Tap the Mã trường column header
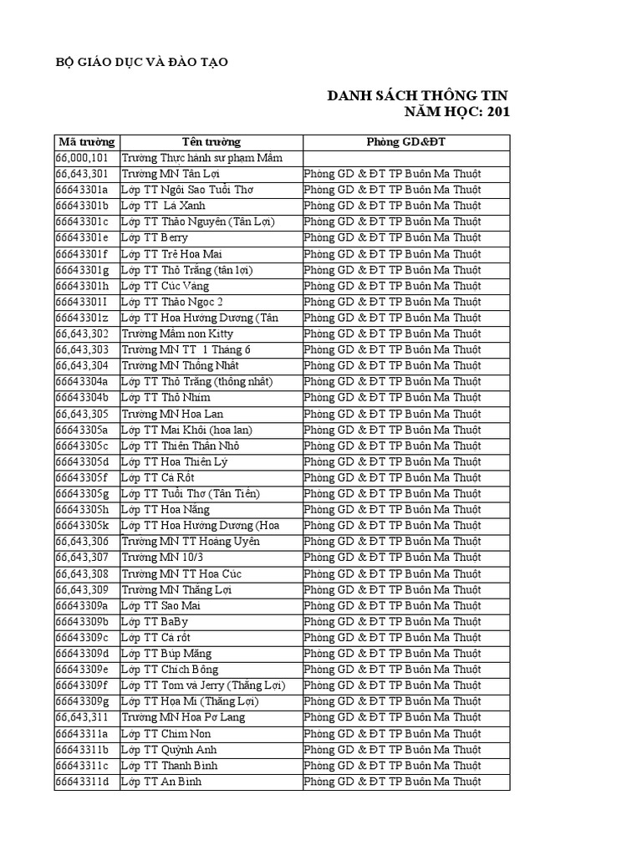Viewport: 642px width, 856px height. point(87,141)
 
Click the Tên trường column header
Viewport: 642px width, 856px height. point(211,141)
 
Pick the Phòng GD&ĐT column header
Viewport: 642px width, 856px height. point(405,141)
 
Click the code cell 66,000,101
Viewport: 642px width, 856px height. point(82,157)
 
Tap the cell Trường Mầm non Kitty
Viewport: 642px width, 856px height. point(177,334)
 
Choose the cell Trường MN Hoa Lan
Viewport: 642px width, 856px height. point(172,414)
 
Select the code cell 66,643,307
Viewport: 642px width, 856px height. point(82,558)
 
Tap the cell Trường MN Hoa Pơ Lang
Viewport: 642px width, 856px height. point(183,717)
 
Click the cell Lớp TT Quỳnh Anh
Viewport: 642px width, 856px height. point(169,750)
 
